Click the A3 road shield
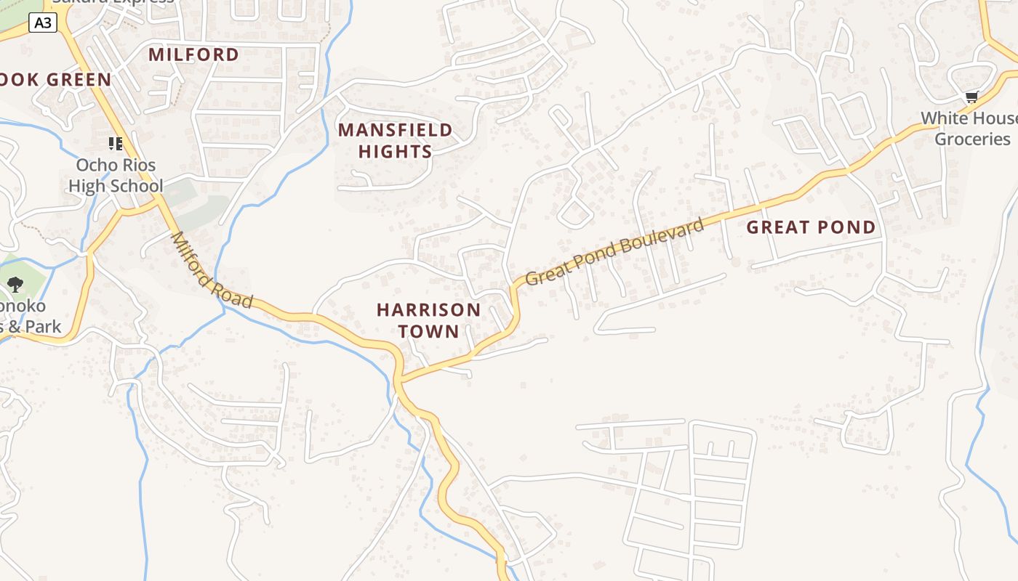pyautogui.click(x=43, y=23)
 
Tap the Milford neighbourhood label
pyautogui.click(x=193, y=54)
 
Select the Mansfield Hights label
pyautogui.click(x=395, y=140)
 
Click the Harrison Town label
pyautogui.click(x=428, y=320)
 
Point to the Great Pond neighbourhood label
pyautogui.click(x=811, y=227)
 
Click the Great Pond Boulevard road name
pyautogui.click(x=615, y=251)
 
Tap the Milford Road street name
pyautogui.click(x=212, y=270)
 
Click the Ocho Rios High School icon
pyautogui.click(x=116, y=143)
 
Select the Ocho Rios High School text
pyautogui.click(x=116, y=176)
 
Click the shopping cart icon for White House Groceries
pyautogui.click(x=971, y=97)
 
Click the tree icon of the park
pyautogui.click(x=15, y=284)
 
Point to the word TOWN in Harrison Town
pyautogui.click(x=428, y=331)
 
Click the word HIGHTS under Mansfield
pyautogui.click(x=395, y=151)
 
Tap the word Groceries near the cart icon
pyautogui.click(x=972, y=139)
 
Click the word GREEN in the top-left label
pyautogui.click(x=81, y=80)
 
